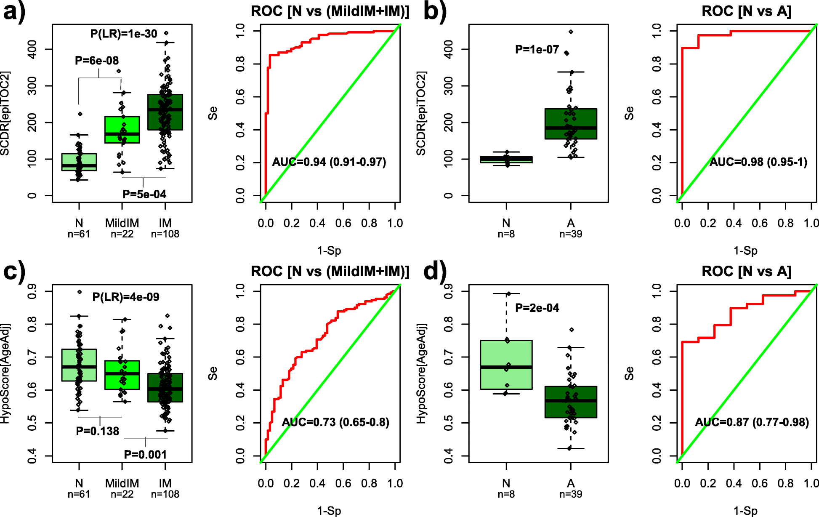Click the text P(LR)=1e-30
click(x=124, y=34)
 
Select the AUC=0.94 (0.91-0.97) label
click(x=329, y=162)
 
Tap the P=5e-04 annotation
click(x=144, y=194)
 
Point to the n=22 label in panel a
click(x=122, y=234)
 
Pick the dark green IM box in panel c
click(x=165, y=388)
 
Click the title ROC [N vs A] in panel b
click(x=746, y=11)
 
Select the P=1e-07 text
click(x=537, y=50)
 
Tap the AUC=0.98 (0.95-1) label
click(x=758, y=162)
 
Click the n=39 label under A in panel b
click(x=571, y=234)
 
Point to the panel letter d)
click(x=434, y=272)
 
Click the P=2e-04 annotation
click(x=537, y=308)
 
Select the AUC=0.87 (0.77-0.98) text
click(x=752, y=422)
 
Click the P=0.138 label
click(x=98, y=431)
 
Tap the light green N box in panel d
click(x=506, y=365)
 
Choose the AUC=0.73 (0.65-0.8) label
click(x=335, y=422)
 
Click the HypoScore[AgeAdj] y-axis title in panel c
click(x=5, y=373)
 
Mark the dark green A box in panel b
click(x=571, y=124)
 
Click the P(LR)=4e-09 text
click(x=126, y=297)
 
